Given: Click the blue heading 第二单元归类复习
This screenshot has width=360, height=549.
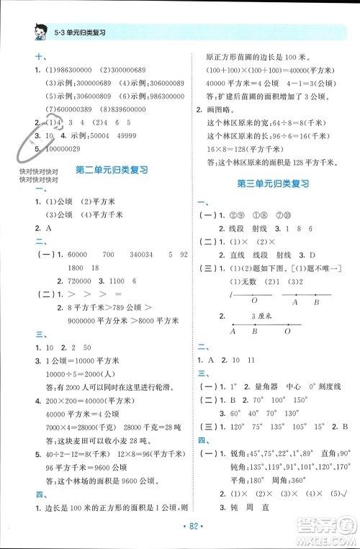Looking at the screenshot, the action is point(112,170).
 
